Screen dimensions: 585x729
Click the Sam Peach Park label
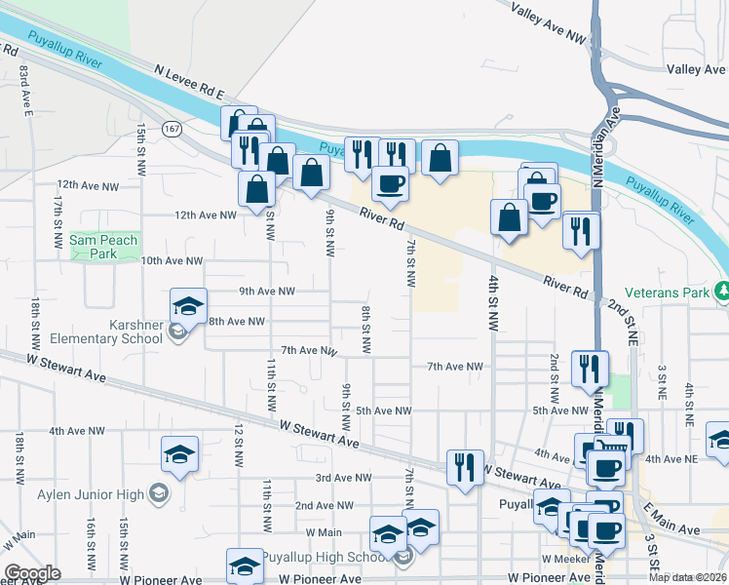point(105,247)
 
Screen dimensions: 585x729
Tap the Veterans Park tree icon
point(723,291)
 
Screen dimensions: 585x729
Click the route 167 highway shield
point(172,129)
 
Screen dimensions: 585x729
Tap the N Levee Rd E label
point(190,82)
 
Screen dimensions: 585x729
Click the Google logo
point(32,573)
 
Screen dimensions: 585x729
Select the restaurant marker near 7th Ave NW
point(590,368)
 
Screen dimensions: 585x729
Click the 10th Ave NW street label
point(172,261)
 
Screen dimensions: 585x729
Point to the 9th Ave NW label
point(266,291)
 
